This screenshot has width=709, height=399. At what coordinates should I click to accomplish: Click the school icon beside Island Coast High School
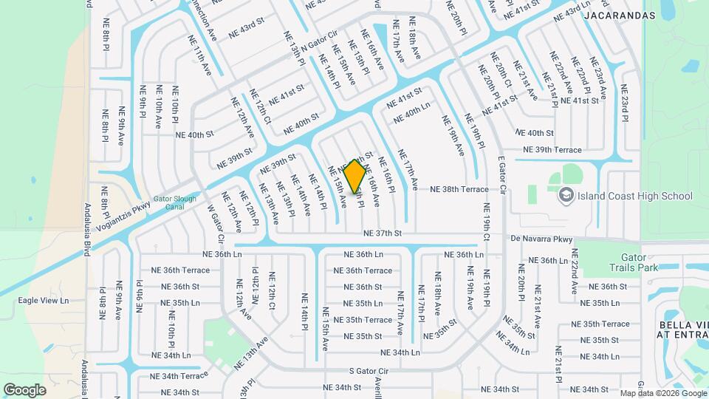pyautogui.click(x=566, y=196)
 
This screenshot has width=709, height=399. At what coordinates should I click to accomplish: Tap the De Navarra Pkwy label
pyautogui.click(x=541, y=239)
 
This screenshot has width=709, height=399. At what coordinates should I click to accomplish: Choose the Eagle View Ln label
pyautogui.click(x=43, y=301)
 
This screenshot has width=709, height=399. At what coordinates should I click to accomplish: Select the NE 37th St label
pyautogui.click(x=382, y=233)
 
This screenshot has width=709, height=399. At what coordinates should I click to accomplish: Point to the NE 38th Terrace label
pyautogui.click(x=459, y=190)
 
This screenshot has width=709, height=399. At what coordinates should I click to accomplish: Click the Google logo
pyautogui.click(x=24, y=389)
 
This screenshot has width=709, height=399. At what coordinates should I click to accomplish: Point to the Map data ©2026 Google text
pyautogui.click(x=662, y=393)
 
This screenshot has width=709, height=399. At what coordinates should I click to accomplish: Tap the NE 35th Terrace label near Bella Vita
pyautogui.click(x=605, y=324)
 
